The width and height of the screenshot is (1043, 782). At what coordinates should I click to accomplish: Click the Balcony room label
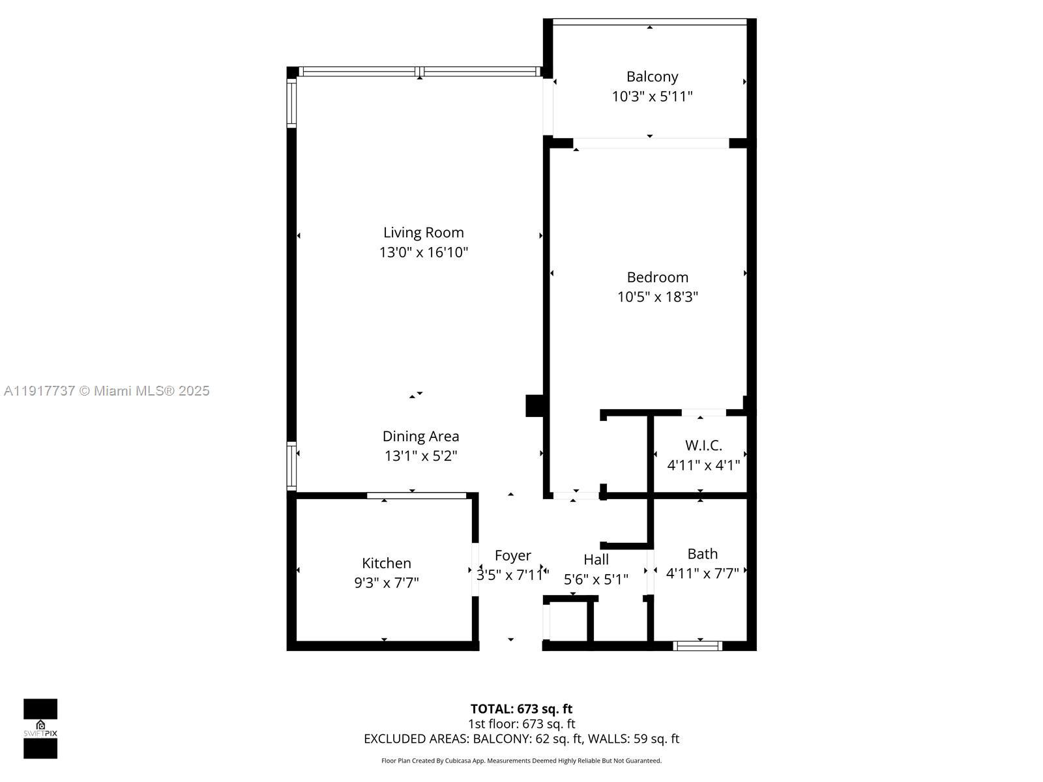click(652, 77)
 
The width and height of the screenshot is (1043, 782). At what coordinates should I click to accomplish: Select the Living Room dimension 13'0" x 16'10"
click(424, 252)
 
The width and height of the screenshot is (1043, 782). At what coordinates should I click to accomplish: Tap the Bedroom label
click(657, 278)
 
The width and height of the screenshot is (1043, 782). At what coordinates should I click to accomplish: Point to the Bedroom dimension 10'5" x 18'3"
click(657, 297)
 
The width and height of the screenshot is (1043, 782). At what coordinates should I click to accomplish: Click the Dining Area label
click(420, 437)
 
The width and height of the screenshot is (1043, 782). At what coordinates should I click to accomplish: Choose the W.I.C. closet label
click(703, 446)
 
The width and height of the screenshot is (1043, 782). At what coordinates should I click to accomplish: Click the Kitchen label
click(386, 563)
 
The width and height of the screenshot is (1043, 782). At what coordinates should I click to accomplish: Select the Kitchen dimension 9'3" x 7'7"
click(386, 583)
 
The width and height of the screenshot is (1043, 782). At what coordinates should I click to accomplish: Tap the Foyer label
click(512, 556)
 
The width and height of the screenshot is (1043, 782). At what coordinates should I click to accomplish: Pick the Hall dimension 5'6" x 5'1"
click(596, 579)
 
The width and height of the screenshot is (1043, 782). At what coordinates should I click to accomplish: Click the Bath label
click(702, 554)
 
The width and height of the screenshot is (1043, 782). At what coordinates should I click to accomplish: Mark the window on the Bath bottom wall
click(698, 646)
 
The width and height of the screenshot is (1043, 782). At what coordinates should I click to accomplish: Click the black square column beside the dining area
click(535, 405)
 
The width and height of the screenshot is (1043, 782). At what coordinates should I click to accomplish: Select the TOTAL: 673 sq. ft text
click(521, 709)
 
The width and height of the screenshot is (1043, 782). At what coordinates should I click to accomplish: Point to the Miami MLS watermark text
click(106, 391)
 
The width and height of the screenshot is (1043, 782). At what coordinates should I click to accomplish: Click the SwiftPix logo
click(40, 729)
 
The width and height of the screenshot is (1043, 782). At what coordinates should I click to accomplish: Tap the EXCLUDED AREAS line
click(521, 739)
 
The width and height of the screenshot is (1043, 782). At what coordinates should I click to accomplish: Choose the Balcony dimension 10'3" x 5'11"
click(652, 96)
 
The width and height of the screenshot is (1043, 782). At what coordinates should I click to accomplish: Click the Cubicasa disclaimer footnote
click(521, 760)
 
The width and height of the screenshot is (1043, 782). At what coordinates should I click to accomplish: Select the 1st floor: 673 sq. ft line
click(521, 724)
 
